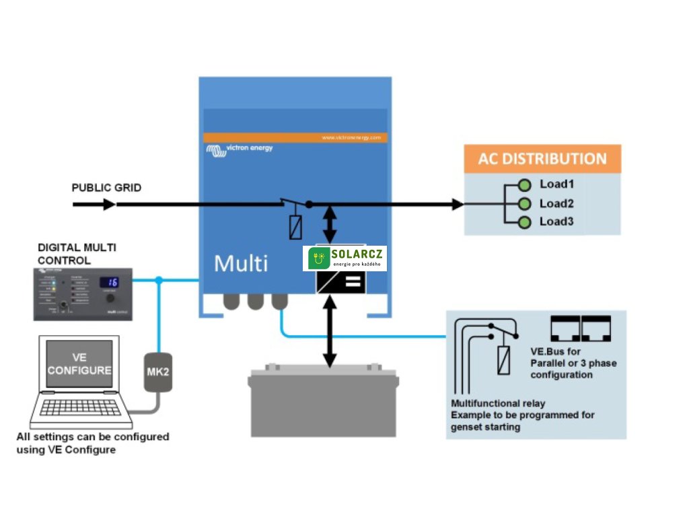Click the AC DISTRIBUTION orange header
[x=542, y=159]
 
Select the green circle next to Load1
[x=525, y=185]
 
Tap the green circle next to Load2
[x=525, y=204]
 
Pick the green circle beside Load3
[x=525, y=222]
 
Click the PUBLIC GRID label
[x=106, y=188]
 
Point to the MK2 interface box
[x=158, y=372]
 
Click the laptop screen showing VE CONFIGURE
[x=79, y=364]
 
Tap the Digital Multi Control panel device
[x=83, y=294]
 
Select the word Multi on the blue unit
[x=240, y=263]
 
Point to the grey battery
[x=324, y=400]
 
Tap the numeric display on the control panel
[x=110, y=282]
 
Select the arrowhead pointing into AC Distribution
[x=458, y=204]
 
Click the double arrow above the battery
[x=330, y=333]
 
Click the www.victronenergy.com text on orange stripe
[x=351, y=137]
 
